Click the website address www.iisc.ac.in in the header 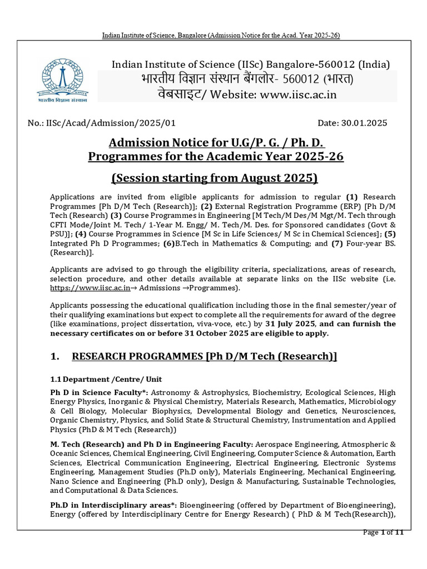click(x=290, y=94)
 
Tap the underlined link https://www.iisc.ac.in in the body click(x=90, y=288)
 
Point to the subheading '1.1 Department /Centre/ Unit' click(x=106, y=379)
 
